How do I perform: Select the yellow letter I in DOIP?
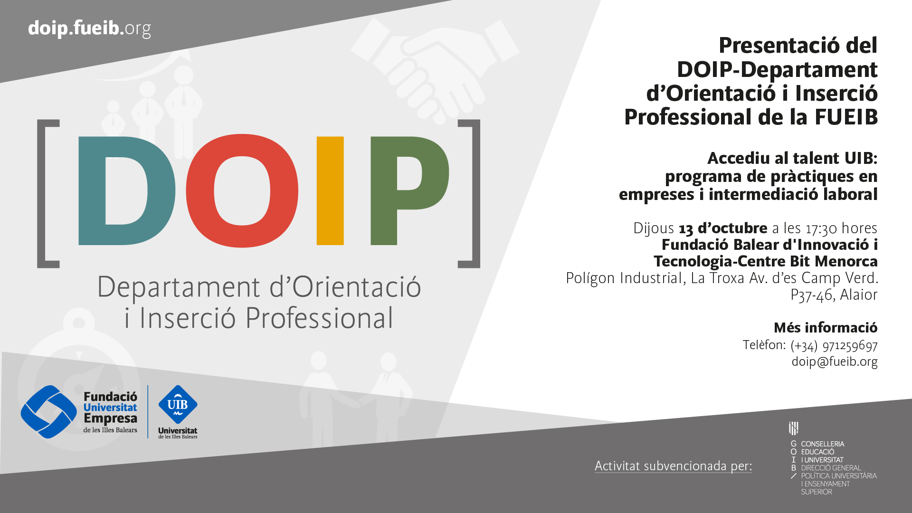(330, 190)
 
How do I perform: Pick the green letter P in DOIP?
(384, 190)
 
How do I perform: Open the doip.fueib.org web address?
(89, 28)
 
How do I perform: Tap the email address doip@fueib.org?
(834, 361)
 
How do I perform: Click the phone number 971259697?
(850, 345)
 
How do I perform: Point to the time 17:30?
(821, 228)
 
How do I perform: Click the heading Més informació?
(826, 328)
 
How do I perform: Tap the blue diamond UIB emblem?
(178, 405)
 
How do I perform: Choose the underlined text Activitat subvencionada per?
(674, 466)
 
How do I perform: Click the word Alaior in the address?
(859, 295)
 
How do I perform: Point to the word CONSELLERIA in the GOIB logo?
(823, 444)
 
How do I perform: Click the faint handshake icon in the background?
(435, 66)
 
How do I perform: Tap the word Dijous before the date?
(654, 228)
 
